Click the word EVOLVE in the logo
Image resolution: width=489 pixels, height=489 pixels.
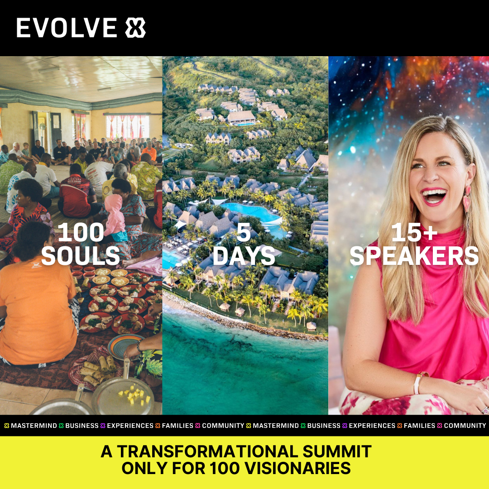click(x=67, y=28)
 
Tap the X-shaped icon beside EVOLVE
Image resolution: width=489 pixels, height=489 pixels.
click(x=135, y=28)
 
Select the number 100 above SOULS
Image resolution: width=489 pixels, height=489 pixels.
click(x=81, y=232)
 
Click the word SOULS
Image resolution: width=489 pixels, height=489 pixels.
click(x=81, y=256)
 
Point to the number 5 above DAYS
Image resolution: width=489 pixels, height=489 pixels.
click(x=244, y=232)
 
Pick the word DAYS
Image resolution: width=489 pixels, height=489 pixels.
click(x=244, y=256)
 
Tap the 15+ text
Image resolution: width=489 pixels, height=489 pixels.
click(x=414, y=232)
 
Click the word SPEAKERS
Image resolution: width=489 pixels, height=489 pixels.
click(x=414, y=256)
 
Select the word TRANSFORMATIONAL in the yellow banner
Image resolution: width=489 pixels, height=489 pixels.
click(x=208, y=451)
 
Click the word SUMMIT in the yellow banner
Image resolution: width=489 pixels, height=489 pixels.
click(x=337, y=451)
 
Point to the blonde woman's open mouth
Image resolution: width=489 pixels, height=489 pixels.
click(x=434, y=197)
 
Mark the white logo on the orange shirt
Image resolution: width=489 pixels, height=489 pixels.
click(x=37, y=265)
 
